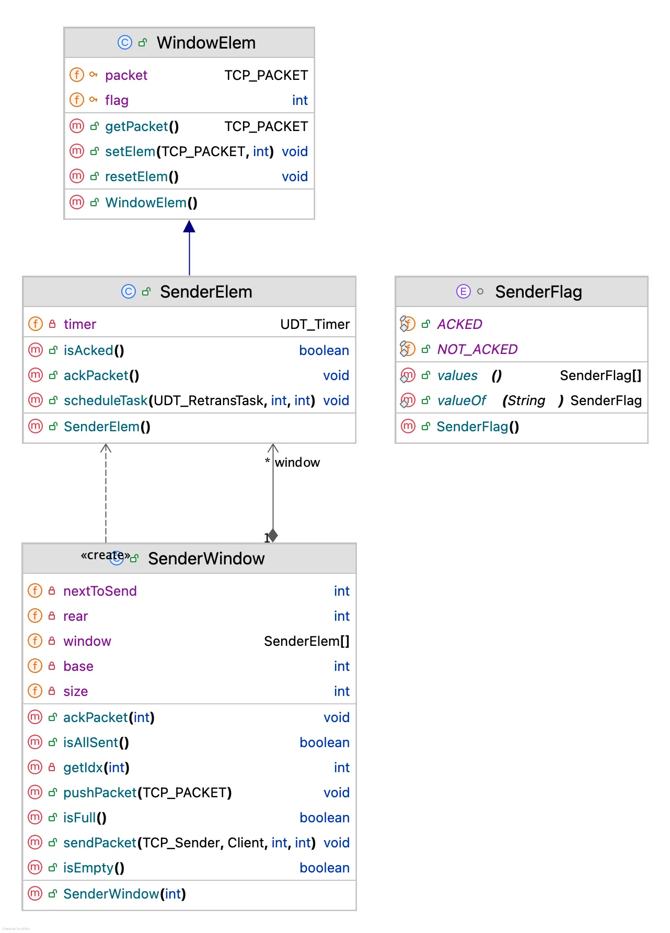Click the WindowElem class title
point(206,43)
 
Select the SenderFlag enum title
point(538,292)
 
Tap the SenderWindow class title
point(206,559)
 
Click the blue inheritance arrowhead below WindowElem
point(189,227)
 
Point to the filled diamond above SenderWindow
point(273,535)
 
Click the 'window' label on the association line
point(297,463)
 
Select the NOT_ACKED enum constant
point(477,349)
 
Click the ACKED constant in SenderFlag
point(459,324)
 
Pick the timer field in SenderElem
point(79,324)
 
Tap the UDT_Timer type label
point(315,324)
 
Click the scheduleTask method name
point(106,400)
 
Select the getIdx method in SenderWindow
point(83,767)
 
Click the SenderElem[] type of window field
point(306,641)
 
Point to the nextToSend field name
point(100,591)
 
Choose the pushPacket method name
point(99,793)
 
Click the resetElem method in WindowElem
point(136,176)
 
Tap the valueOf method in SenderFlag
point(461,400)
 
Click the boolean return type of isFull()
point(324,818)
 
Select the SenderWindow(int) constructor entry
point(124,894)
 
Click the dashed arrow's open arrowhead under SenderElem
point(106,447)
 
